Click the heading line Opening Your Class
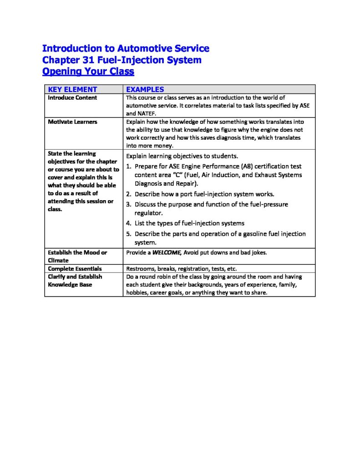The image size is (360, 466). [88, 71]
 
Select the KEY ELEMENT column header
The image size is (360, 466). [73, 90]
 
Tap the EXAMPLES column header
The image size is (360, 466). [145, 90]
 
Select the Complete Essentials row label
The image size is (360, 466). [75, 268]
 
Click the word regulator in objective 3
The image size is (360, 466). [148, 213]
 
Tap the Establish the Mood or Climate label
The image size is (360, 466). [77, 256]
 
